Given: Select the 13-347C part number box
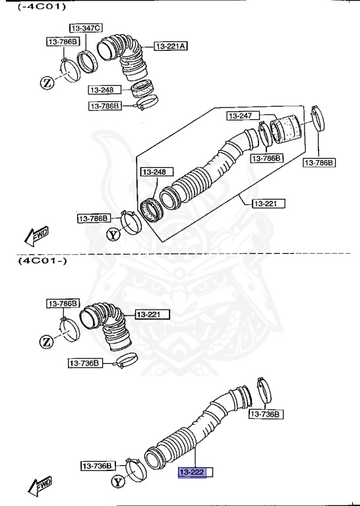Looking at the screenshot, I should (x=86, y=28).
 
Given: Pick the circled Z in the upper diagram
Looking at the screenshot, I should (x=47, y=82).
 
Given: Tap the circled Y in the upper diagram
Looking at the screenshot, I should (x=113, y=234).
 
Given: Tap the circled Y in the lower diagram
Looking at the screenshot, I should (x=118, y=482).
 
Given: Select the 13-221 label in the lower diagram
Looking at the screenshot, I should (x=152, y=314).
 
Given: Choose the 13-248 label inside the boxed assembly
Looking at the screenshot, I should (x=154, y=172).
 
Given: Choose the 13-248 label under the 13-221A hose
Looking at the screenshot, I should (x=102, y=90).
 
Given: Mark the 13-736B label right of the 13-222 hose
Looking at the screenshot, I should (x=266, y=414).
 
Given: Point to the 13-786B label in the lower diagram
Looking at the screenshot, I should (x=63, y=304).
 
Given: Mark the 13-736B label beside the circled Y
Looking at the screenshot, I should (x=98, y=466).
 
